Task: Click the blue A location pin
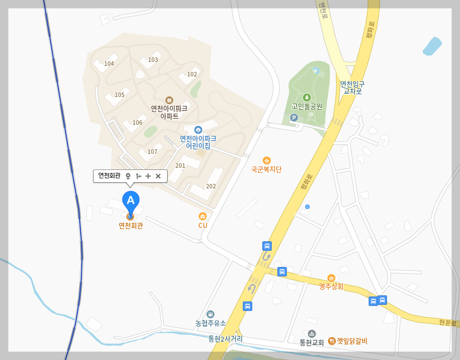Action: coord(130,201)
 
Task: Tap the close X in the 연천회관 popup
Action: coord(158,176)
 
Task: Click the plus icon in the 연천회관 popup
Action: coord(148,176)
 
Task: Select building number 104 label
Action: coord(109,64)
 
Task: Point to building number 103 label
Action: coord(153,60)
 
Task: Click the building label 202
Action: coord(211,186)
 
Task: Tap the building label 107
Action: coord(153,152)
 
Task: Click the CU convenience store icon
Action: coord(203,216)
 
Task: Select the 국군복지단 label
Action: coord(266,169)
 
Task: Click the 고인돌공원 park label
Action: coord(307,106)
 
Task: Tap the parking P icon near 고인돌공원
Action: coord(294,118)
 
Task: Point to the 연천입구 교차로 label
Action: coord(353,87)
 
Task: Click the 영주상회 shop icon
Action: coord(331,278)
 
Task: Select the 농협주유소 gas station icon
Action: coord(211,314)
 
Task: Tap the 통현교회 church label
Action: coord(312,343)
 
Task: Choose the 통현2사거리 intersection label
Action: coord(226,339)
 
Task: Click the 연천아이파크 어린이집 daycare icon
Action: coord(198,130)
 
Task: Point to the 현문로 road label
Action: coord(447,323)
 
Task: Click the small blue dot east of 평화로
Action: coord(307,207)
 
